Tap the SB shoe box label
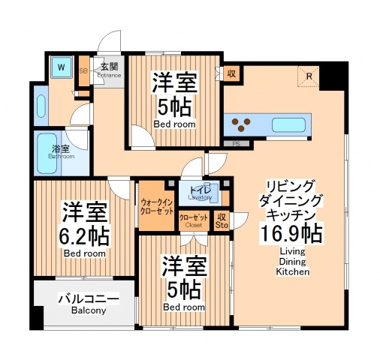[x=83, y=70]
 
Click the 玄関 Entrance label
[x=109, y=69]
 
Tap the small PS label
[x=235, y=143]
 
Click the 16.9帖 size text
[x=293, y=234]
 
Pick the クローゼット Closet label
[x=193, y=220]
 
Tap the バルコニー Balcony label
[x=89, y=303]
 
